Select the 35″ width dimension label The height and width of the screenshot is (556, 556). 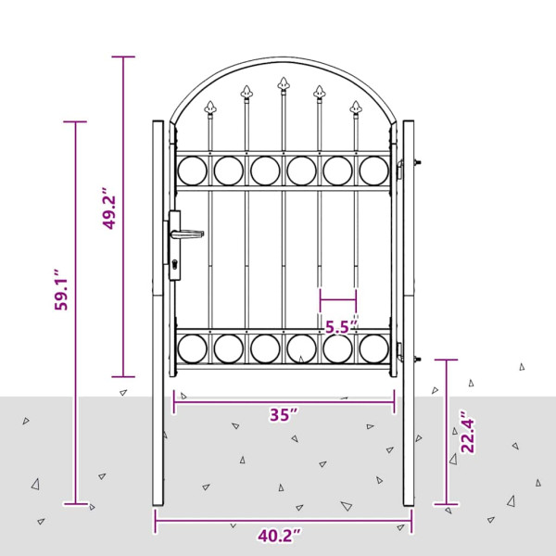(284, 414)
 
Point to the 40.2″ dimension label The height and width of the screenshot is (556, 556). (280, 536)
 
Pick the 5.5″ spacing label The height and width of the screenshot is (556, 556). (341, 325)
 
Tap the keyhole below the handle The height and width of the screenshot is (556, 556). (175, 268)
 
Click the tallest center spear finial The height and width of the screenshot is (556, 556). (283, 87)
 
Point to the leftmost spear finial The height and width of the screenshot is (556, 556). (211, 107)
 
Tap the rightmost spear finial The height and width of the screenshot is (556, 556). (355, 107)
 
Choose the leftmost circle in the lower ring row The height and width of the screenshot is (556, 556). (192, 348)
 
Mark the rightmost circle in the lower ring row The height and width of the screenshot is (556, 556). (373, 348)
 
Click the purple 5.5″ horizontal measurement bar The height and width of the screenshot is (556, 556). (338, 299)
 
